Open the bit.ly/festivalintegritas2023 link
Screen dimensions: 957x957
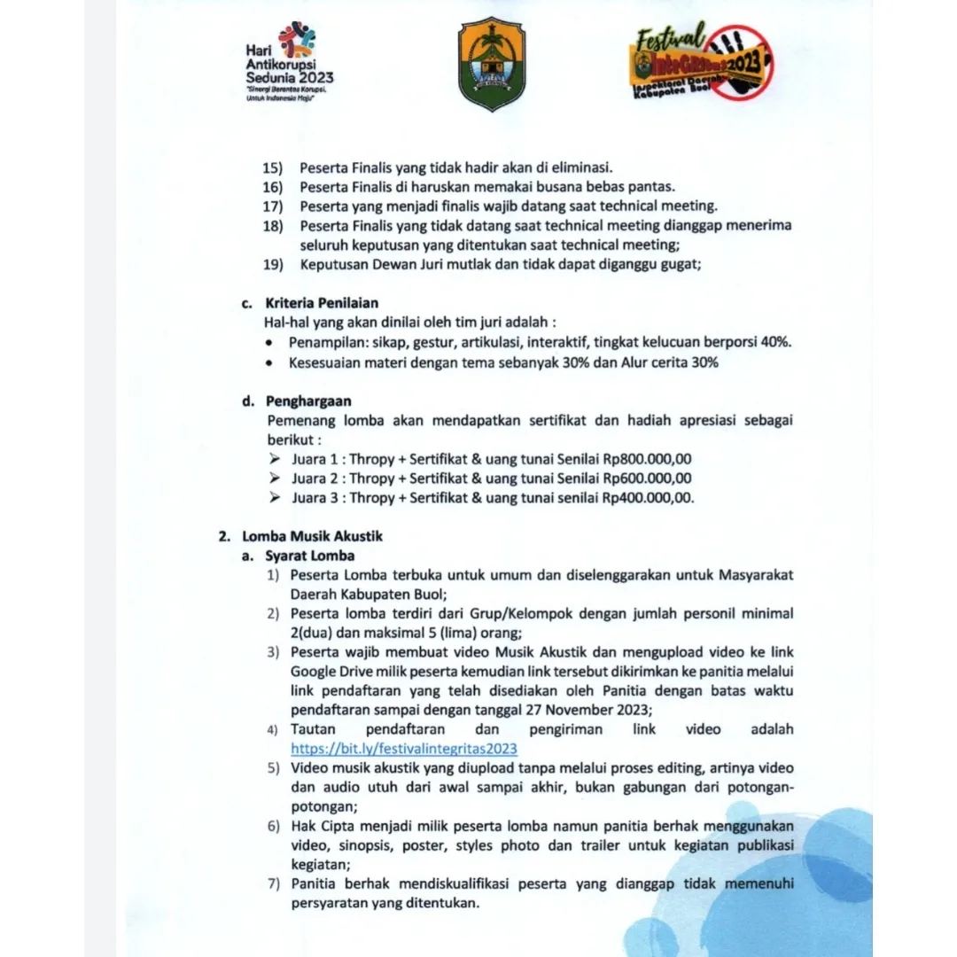(x=404, y=748)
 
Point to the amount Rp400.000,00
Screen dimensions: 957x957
(x=648, y=497)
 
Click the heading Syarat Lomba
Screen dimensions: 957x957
(x=309, y=556)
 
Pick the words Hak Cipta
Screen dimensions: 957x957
(x=320, y=826)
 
